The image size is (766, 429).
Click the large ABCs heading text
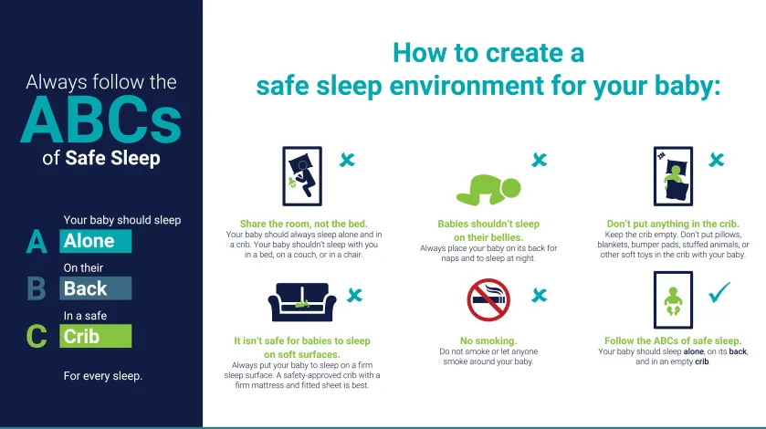100,120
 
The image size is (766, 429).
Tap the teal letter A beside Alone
37,242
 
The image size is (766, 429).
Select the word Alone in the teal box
89,241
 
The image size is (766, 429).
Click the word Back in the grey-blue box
86,288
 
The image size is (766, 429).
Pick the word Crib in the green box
82,336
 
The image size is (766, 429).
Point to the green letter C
37,336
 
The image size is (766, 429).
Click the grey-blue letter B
37,288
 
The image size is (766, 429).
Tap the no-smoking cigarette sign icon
487,300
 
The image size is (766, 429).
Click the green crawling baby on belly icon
488,188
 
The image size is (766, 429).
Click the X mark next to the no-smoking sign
540,295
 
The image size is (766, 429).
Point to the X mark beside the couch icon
354,295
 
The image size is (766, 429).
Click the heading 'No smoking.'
488,341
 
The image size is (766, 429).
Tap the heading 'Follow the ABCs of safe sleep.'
673,341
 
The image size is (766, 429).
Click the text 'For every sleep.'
103,376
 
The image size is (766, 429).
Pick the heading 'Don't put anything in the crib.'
673,224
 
